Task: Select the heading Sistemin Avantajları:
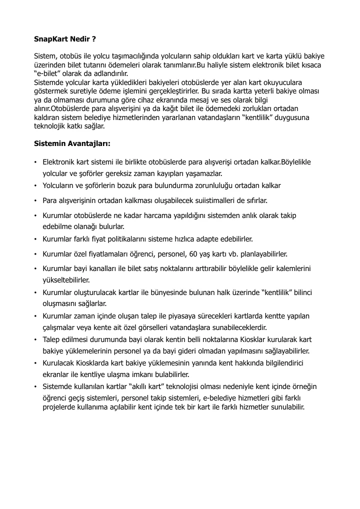coord(72,143)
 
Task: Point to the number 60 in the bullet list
coord(196,253)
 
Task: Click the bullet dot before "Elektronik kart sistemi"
coord(35,162)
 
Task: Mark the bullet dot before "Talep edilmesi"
coord(35,339)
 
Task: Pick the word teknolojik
coord(51,126)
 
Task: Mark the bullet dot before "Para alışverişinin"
coord(35,200)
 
